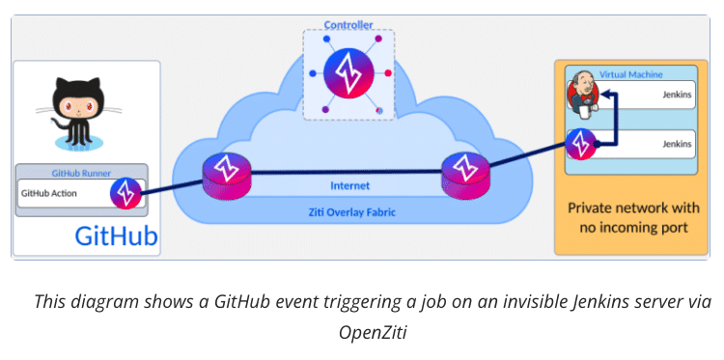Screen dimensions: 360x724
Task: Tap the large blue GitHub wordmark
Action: pos(117,237)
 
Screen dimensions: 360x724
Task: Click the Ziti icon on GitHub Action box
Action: pos(126,192)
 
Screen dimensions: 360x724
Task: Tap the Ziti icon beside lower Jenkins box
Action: pos(580,144)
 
